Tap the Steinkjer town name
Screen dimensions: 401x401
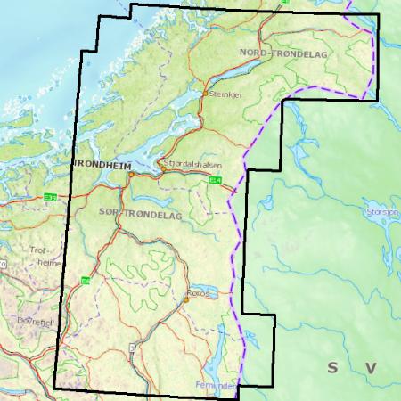point(224,101)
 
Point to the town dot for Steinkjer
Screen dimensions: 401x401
point(207,93)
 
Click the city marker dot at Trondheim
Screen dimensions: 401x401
point(130,174)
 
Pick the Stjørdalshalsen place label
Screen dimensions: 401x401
point(193,164)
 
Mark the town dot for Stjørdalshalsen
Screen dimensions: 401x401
point(160,164)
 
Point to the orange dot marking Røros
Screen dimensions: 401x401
point(187,299)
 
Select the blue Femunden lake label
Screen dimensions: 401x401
point(216,386)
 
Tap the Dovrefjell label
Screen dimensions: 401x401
point(20,322)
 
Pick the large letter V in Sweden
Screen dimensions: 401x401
point(370,367)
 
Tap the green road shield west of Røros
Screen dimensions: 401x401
point(86,281)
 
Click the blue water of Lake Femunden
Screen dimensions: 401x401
point(214,361)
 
